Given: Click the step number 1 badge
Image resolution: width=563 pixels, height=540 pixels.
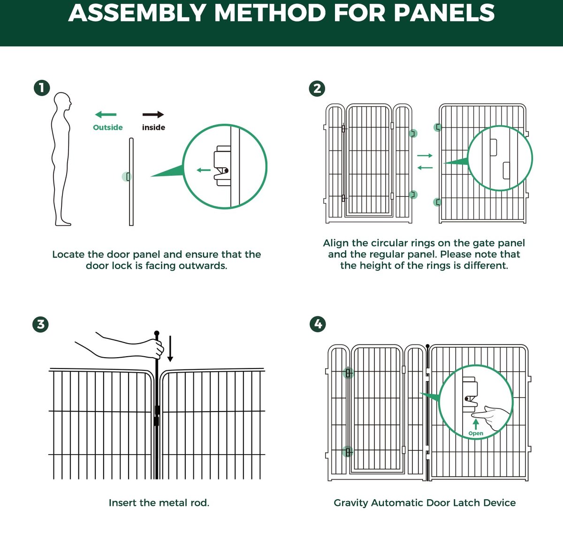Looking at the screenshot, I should coord(42,88).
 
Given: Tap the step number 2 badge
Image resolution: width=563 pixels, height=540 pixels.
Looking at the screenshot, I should coord(317,88).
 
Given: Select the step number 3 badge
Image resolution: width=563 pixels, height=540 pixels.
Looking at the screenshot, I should coord(41,324).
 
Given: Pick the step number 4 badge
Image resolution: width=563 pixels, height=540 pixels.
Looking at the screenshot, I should coord(318,324).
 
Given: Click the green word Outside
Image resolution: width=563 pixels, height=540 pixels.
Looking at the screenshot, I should coord(107,127).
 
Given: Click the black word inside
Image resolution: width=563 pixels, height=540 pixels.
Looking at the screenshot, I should coord(153,127).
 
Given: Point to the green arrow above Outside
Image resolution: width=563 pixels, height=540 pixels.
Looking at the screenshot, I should coord(106,114).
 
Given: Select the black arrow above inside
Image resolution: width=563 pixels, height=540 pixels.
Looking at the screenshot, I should coord(153,114).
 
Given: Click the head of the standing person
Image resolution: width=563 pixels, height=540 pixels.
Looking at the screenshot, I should coord(63,102).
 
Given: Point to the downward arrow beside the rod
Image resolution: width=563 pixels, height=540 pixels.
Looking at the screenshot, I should coord(170,349).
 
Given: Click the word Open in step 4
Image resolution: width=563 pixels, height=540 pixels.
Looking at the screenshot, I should coord(476,434).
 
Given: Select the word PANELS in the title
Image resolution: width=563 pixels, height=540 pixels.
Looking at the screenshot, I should coord(444,13).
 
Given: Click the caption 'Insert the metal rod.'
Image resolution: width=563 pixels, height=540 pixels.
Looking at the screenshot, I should coord(159,503).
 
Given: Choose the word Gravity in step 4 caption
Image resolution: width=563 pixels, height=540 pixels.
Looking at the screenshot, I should coord(351,503).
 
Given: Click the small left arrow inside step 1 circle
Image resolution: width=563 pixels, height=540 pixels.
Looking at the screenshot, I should coord(204,170).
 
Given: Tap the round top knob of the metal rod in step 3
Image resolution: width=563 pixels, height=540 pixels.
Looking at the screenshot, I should coord(157,333).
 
